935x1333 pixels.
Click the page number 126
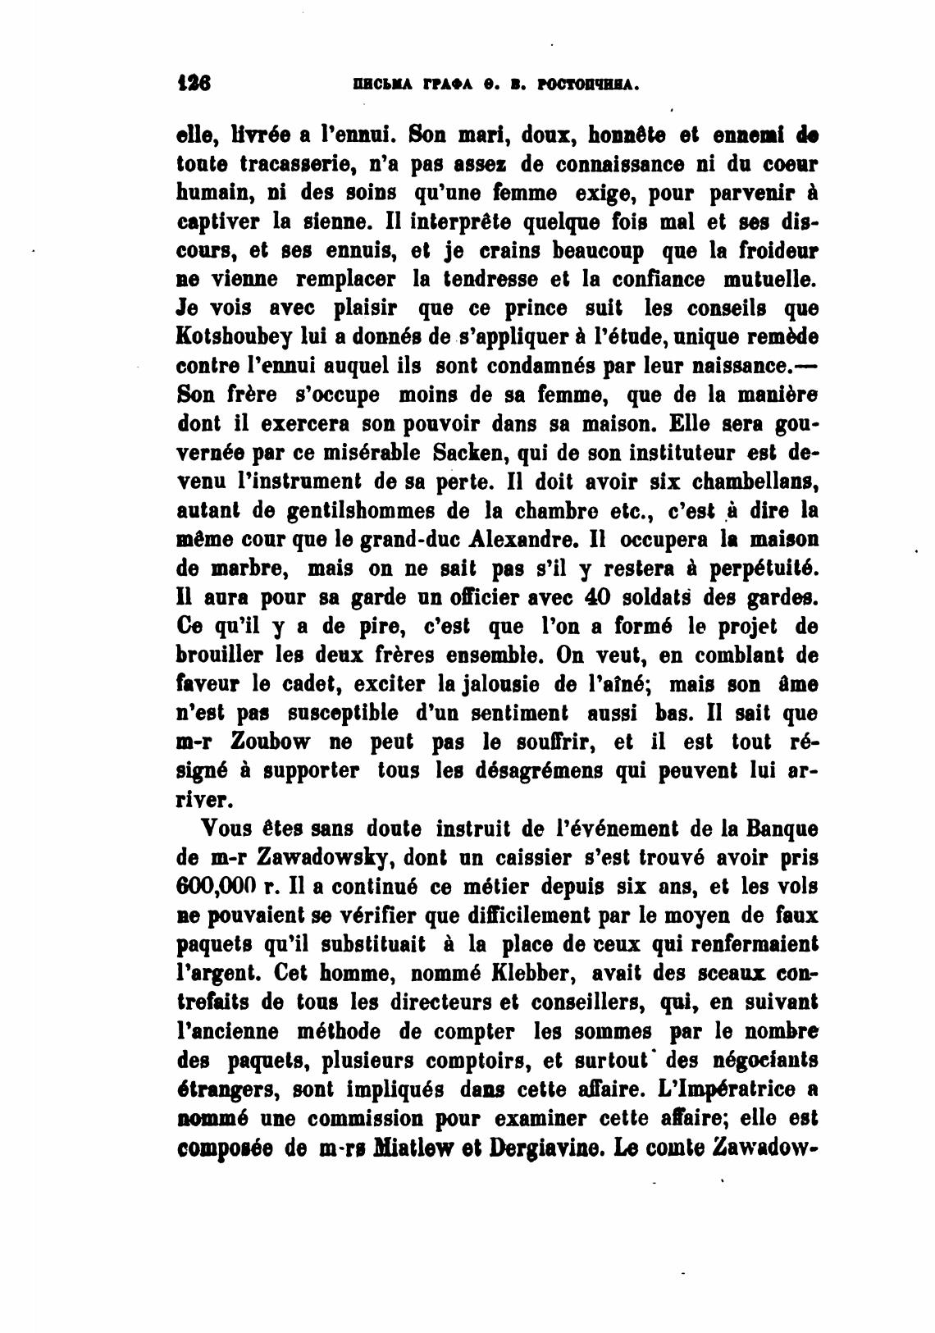pyautogui.click(x=194, y=84)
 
